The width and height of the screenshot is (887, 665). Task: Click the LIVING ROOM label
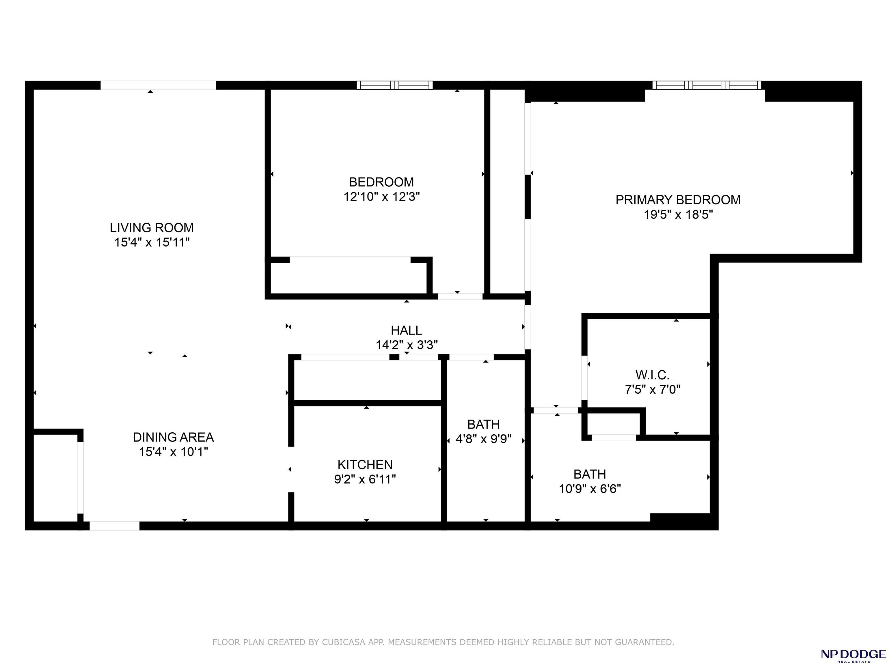(x=152, y=228)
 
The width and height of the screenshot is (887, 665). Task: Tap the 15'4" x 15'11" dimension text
(x=152, y=242)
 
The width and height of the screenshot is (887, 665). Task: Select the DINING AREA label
(x=173, y=437)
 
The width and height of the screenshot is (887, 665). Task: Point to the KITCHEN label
(x=365, y=465)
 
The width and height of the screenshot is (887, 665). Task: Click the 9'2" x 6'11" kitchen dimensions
(x=365, y=479)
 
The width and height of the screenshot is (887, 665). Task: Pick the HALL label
(x=406, y=330)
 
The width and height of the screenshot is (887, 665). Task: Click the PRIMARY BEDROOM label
(x=678, y=200)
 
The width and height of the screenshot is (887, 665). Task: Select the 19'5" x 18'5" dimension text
(x=678, y=215)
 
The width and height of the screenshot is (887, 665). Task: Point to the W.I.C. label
(x=652, y=375)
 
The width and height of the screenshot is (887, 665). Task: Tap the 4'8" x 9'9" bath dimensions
(x=484, y=439)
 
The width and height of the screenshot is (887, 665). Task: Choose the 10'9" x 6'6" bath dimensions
(x=590, y=489)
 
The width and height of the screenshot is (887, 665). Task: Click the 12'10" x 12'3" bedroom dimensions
(x=381, y=197)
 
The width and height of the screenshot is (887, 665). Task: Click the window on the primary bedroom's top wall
(x=707, y=85)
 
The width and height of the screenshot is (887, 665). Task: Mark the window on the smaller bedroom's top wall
(x=395, y=85)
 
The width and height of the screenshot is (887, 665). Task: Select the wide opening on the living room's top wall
(x=158, y=85)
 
